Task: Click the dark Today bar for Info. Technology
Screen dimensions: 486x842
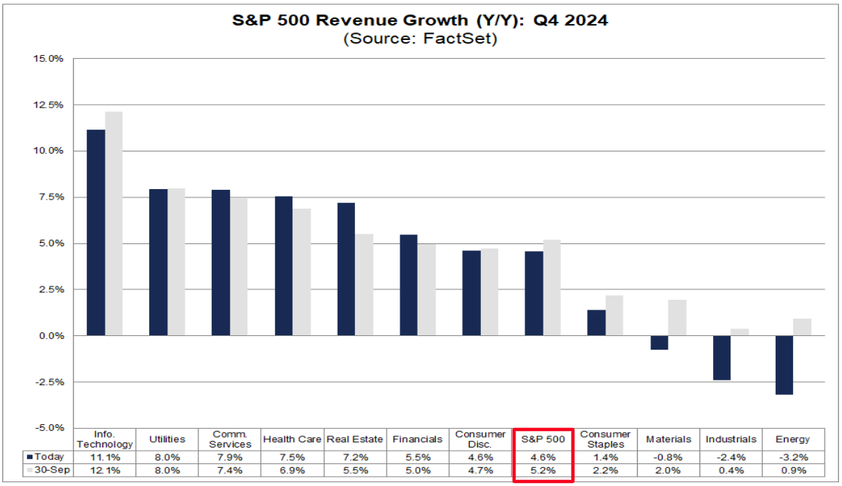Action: point(96,232)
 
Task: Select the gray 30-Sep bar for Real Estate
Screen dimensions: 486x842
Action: point(364,284)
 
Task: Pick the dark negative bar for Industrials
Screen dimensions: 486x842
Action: point(721,357)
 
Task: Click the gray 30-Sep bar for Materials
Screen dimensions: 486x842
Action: point(677,317)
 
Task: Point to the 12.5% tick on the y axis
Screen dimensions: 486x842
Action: point(47,105)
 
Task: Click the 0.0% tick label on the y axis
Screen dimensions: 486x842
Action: point(50,335)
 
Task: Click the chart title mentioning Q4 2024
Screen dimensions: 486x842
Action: point(420,20)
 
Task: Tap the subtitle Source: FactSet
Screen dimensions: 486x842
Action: point(420,38)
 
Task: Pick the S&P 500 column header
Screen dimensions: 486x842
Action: point(543,439)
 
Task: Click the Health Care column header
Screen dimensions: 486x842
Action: point(292,439)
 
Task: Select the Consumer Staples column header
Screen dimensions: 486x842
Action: point(606,439)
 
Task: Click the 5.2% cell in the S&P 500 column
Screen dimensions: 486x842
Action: point(543,471)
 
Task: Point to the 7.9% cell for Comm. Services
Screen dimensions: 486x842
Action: point(229,457)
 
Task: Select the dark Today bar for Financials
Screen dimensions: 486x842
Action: point(408,285)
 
